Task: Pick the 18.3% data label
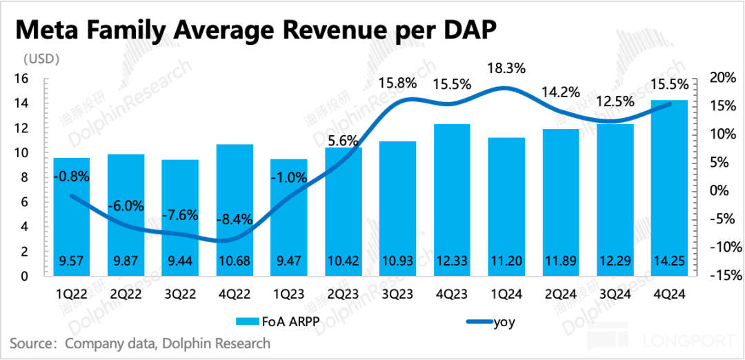(507, 68)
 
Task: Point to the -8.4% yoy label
(235, 219)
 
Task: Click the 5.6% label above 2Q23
(342, 141)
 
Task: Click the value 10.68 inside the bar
(234, 262)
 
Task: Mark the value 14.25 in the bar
(668, 262)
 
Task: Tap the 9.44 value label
(179, 262)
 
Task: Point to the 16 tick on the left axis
(21, 79)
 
